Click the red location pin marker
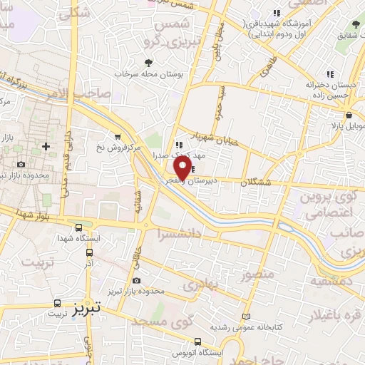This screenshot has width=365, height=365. click(x=182, y=168)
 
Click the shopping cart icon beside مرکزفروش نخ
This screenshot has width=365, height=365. click(x=117, y=136)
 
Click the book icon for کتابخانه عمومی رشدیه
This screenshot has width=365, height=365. click(x=247, y=315)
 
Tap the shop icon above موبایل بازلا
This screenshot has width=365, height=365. click(x=349, y=115)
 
